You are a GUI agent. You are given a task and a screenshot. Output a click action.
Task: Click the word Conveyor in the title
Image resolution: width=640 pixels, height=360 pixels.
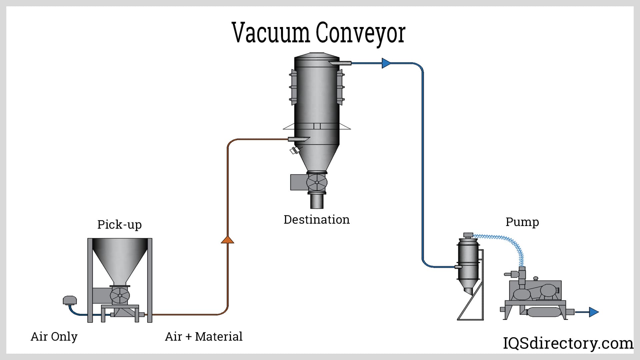tap(360, 34)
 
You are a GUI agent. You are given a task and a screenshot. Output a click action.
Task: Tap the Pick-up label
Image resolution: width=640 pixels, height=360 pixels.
tap(119, 224)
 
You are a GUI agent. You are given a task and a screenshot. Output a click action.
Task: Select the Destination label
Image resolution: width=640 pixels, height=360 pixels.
tap(316, 220)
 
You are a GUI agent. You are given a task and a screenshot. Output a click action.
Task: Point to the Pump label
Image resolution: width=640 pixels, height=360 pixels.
tap(522, 222)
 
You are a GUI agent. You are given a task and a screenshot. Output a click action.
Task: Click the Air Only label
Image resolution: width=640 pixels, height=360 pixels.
tap(54, 337)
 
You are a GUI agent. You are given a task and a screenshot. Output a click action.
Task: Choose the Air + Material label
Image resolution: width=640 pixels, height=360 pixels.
tap(204, 337)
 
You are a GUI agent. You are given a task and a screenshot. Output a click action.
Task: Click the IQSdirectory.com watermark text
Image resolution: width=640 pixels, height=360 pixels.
tap(568, 343)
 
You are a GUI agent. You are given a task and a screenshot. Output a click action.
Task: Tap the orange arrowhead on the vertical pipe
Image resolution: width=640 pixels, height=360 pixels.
tap(228, 239)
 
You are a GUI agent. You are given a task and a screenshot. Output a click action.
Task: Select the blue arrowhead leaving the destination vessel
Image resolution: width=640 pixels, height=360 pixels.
tap(386, 63)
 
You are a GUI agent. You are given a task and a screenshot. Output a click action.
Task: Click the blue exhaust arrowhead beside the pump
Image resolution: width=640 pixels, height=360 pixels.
tap(594, 312)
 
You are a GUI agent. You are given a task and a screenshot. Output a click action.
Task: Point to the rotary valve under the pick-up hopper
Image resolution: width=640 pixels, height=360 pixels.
tap(120, 295)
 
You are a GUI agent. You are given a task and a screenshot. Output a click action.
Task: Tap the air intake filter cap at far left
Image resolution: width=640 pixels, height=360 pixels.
tap(70, 300)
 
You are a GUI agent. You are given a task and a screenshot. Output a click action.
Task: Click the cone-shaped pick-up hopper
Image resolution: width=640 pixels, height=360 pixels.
tap(120, 260)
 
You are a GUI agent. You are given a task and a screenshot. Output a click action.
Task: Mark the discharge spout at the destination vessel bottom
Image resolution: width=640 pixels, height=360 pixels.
tap(317, 201)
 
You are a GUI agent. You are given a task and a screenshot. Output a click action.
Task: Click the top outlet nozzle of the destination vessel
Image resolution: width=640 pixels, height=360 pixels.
tap(340, 63)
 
